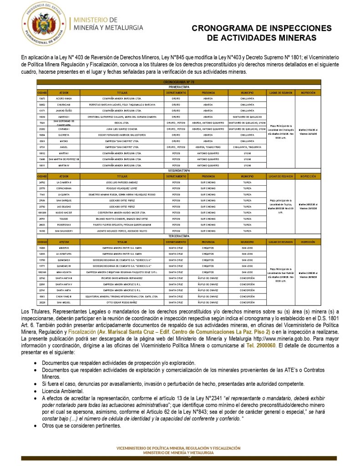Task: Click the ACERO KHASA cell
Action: (64, 98)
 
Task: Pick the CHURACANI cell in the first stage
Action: (64, 104)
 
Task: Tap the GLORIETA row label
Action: (64, 135)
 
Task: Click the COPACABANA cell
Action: (64, 188)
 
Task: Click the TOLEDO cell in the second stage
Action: (64, 218)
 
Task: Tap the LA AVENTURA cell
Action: (64, 254)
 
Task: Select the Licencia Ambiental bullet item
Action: (56, 391)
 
